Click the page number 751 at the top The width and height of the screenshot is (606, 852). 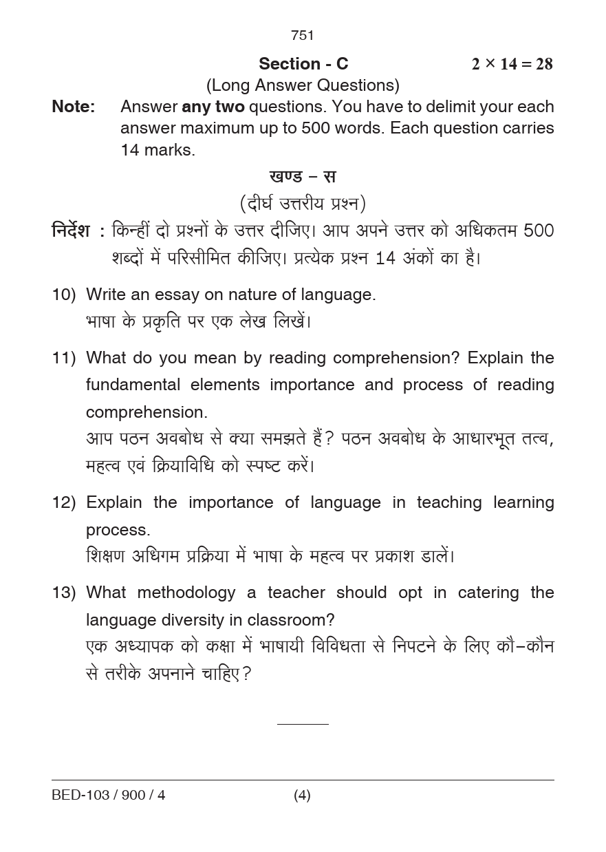tap(303, 35)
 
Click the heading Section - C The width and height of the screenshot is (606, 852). tap(303, 64)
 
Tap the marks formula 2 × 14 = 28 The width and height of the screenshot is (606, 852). tap(512, 64)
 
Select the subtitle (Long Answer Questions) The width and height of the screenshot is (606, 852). tap(303, 85)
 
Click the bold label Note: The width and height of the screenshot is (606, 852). tap(73, 107)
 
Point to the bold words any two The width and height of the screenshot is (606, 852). tap(213, 107)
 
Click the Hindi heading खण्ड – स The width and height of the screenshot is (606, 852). tap(303, 176)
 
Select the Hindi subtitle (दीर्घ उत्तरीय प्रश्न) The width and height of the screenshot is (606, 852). tap(303, 204)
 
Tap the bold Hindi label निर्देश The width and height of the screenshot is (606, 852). tap(71, 231)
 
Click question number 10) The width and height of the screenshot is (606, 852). tap(63, 295)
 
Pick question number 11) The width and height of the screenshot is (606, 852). tap(63, 358)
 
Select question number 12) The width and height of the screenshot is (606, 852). tap(63, 502)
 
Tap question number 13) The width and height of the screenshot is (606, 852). tap(63, 593)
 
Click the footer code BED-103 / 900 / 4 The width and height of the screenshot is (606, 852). tap(109, 796)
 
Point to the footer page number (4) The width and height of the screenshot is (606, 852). tap(302, 796)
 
